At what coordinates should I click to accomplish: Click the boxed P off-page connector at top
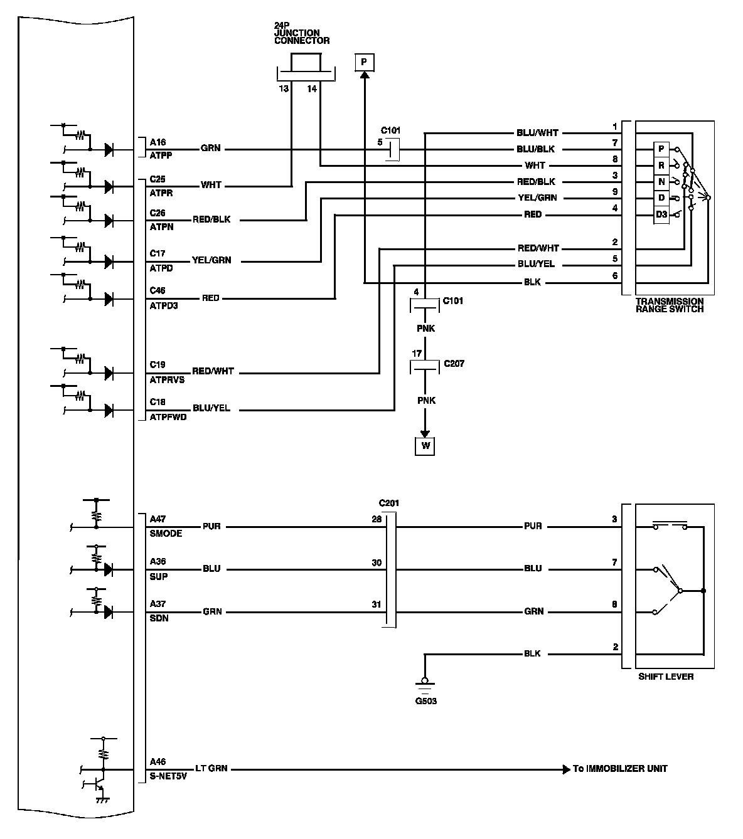coord(364,62)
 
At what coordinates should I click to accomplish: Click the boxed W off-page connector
coord(425,446)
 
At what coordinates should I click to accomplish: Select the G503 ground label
coord(426,701)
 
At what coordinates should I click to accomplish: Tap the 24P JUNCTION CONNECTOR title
coord(302,33)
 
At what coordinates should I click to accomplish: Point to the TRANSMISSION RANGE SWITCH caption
coord(670,305)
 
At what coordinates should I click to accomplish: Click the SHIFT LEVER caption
coord(666,677)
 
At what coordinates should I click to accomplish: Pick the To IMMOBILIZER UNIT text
coord(620,769)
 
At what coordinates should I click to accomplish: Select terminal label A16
coord(158,142)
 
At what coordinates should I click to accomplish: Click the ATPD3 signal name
coord(163,305)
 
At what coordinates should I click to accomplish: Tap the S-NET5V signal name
coord(168,776)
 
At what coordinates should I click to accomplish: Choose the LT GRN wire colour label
coord(211,768)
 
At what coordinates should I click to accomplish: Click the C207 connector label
coord(454,364)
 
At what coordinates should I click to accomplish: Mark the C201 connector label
coord(388,503)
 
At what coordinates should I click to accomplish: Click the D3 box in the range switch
coord(661,214)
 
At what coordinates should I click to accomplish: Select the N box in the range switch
coord(661,182)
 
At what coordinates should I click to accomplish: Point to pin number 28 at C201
coord(377,519)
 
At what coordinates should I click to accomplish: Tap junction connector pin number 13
coord(284,88)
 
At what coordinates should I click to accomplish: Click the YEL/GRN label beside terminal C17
coord(211,260)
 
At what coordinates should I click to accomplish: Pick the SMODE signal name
coord(166,534)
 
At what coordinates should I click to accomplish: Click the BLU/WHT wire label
coord(537,133)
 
